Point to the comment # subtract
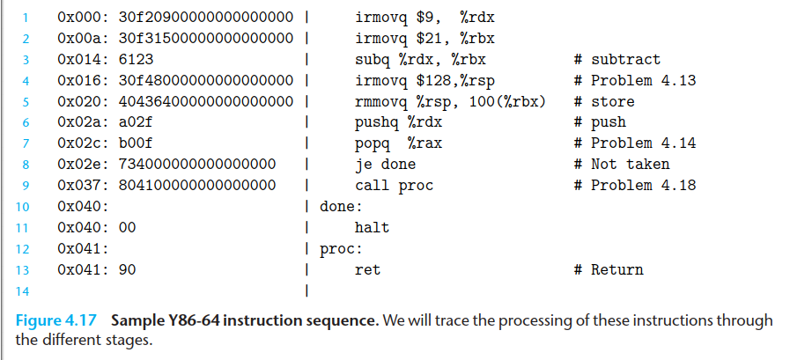pos(616,60)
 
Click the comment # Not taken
pos(621,165)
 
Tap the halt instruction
pos(372,227)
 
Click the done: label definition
pos(341,207)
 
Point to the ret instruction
pos(367,270)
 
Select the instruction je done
pos(385,165)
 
